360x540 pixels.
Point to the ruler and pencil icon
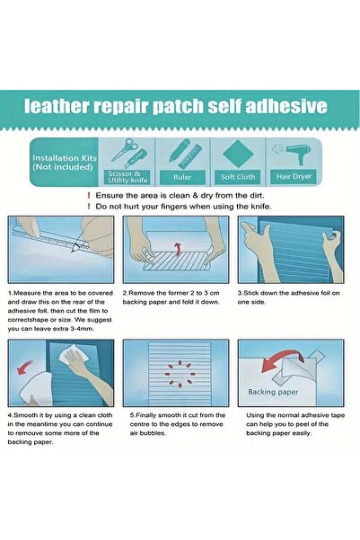click(x=182, y=153)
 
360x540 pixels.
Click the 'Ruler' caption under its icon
click(x=182, y=176)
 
